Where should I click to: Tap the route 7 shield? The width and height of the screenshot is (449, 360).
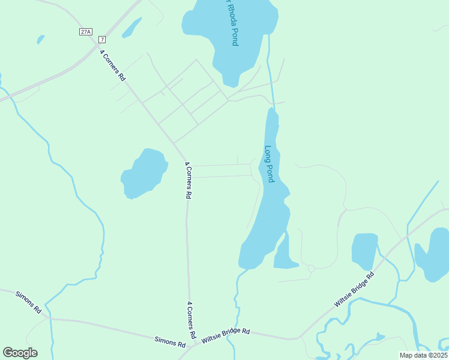102,40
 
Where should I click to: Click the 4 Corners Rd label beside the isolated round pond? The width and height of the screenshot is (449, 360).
188,180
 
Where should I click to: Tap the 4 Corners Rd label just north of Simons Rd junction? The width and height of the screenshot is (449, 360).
191,318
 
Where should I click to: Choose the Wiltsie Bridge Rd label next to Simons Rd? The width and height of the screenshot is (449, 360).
226,335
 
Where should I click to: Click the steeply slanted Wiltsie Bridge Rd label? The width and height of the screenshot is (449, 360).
354,290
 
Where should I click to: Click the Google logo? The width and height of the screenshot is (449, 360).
20,353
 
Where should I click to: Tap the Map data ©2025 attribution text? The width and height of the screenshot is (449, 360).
423,355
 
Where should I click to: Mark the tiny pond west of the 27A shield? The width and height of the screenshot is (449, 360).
40,40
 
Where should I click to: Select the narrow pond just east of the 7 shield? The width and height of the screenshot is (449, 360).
132,27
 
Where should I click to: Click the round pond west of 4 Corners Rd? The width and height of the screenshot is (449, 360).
144,173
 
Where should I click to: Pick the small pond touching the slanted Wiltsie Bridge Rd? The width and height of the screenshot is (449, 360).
364,251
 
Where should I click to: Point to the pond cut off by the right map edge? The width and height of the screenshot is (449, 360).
434,254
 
